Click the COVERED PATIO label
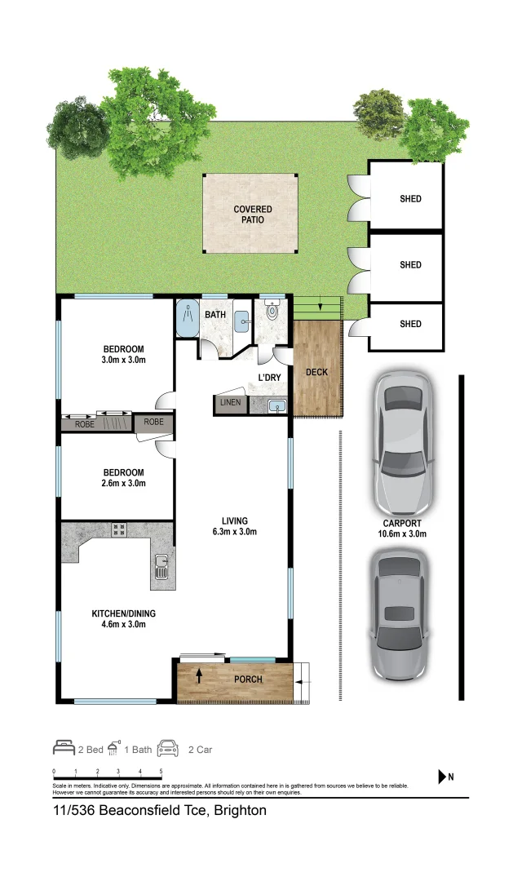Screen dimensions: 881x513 tap(252, 215)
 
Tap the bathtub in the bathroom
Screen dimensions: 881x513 tap(188, 318)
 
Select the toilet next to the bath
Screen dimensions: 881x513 tap(272, 311)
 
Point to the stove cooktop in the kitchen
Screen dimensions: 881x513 tap(118, 529)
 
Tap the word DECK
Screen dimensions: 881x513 tap(316, 373)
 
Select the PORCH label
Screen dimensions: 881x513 tap(248, 679)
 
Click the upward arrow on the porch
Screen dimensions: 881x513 tap(198, 675)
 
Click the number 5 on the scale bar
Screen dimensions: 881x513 tap(161, 772)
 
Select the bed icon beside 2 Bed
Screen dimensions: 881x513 tap(64, 749)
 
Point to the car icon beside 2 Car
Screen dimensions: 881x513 tap(167, 749)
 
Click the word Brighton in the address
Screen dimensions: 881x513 tap(240, 811)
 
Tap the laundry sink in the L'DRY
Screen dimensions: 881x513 tap(277, 405)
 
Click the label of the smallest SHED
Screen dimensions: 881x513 tap(410, 324)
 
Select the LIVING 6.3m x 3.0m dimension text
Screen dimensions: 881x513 tap(234, 527)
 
